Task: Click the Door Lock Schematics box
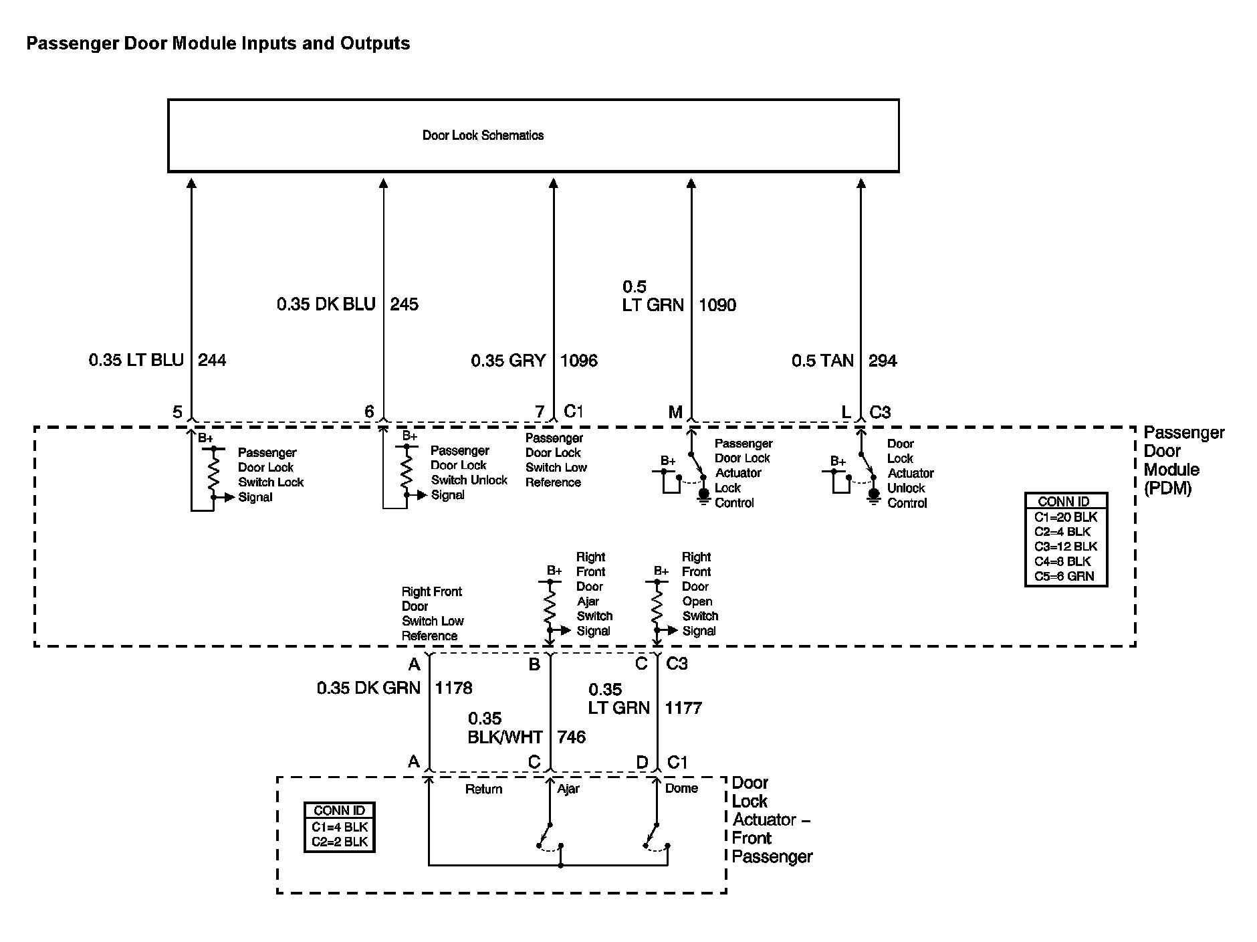(x=533, y=136)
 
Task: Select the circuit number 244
(x=212, y=361)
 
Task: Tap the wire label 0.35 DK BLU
(x=326, y=304)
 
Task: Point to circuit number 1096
(x=578, y=361)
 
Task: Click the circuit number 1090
(x=717, y=305)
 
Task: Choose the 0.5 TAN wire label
(x=822, y=361)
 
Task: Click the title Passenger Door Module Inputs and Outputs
(x=218, y=43)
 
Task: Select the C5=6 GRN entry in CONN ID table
(x=1064, y=576)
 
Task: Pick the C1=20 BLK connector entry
(x=1065, y=517)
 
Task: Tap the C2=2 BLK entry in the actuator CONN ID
(x=340, y=842)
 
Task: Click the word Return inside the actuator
(x=483, y=789)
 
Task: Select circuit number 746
(x=571, y=737)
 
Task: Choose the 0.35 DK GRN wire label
(x=368, y=688)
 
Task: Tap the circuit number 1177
(x=683, y=708)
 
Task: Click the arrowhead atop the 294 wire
(x=861, y=183)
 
